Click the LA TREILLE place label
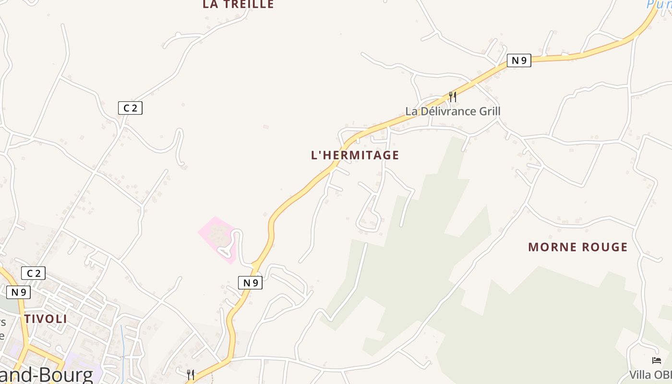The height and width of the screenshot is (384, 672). pos(238,4)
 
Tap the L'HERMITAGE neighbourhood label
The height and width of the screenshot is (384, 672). pos(355,155)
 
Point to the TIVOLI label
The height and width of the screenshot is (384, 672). pos(46,319)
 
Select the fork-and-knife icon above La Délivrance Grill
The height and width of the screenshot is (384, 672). pos(452,96)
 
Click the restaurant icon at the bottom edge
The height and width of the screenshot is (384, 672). pos(191,374)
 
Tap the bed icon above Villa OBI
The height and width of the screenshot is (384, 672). pos(657,360)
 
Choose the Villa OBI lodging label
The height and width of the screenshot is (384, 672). pos(651,375)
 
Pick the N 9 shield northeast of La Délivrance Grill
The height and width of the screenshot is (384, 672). pos(519,60)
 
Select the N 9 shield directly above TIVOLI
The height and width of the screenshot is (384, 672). pos(18,292)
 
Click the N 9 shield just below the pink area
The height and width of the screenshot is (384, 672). pos(250,283)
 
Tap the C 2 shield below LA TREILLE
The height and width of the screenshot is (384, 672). pos(130,108)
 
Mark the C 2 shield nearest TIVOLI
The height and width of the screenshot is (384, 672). pos(33,273)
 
